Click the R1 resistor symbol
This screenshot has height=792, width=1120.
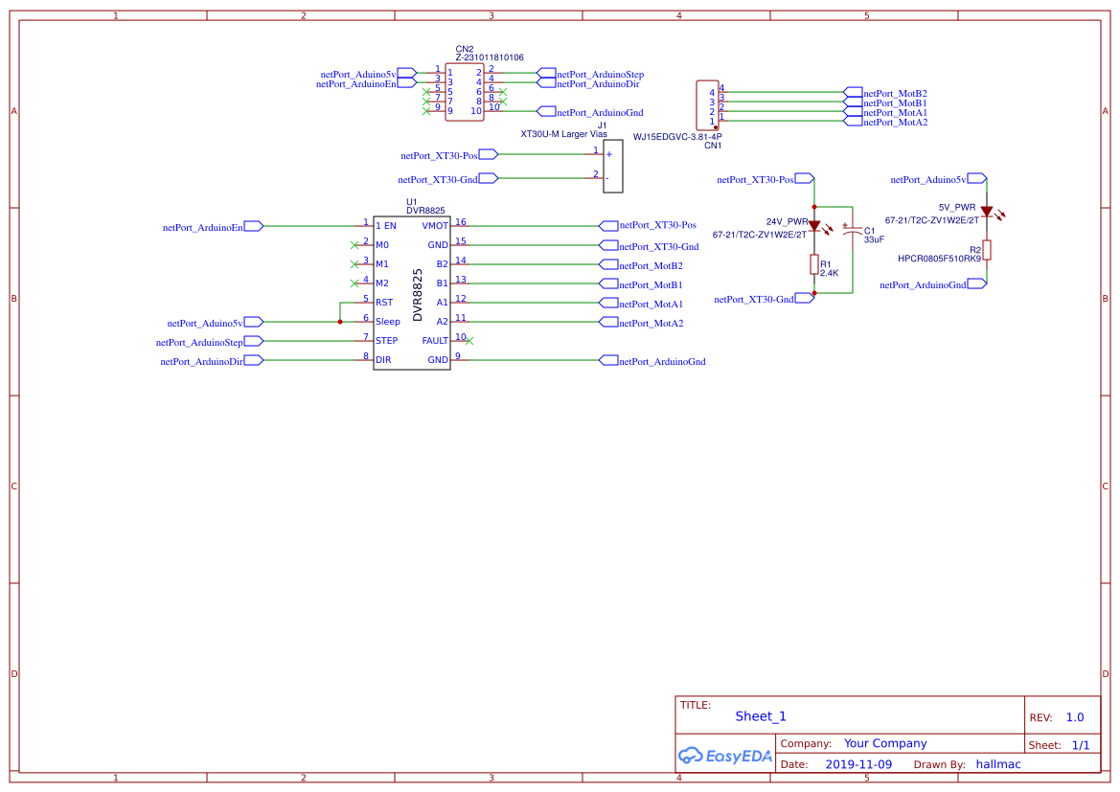point(814,265)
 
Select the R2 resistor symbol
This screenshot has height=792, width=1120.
point(986,250)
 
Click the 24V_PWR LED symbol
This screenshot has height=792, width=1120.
point(814,226)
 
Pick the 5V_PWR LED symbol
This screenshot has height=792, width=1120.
point(986,211)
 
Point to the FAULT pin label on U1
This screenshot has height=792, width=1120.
point(435,341)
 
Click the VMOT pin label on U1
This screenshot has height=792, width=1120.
point(435,226)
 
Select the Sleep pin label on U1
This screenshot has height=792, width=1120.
point(388,322)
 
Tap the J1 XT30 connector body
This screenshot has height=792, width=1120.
point(612,165)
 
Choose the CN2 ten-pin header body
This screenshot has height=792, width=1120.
point(465,92)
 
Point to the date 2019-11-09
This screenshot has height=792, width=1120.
point(857,764)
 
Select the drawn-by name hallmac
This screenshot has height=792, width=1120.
point(998,764)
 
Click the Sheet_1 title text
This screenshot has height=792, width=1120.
point(761,716)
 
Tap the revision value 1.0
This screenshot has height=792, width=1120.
point(1075,717)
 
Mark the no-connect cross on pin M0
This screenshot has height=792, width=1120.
point(355,245)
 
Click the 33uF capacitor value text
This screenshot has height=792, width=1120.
point(874,239)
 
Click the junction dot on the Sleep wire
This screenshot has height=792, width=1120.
point(340,322)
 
